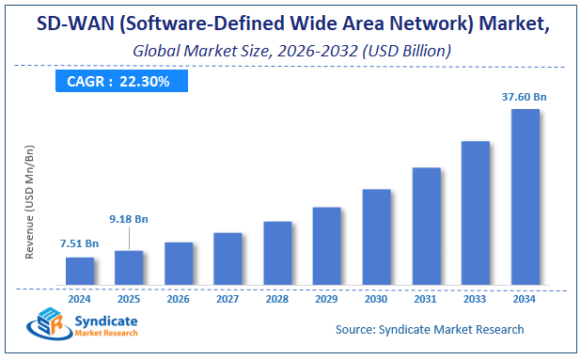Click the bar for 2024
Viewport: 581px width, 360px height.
pyautogui.click(x=80, y=271)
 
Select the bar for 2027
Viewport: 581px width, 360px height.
pyautogui.click(x=228, y=258)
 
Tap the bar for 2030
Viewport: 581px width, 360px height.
pyautogui.click(x=376, y=237)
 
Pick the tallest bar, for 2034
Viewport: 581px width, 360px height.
pyautogui.click(x=525, y=197)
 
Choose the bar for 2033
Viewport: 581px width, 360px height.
pyautogui.click(x=475, y=213)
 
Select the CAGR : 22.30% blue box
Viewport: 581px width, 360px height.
pyautogui.click(x=119, y=82)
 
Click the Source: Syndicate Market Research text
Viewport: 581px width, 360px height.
pyautogui.click(x=430, y=329)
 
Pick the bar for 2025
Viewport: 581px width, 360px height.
pyautogui.click(x=129, y=268)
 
